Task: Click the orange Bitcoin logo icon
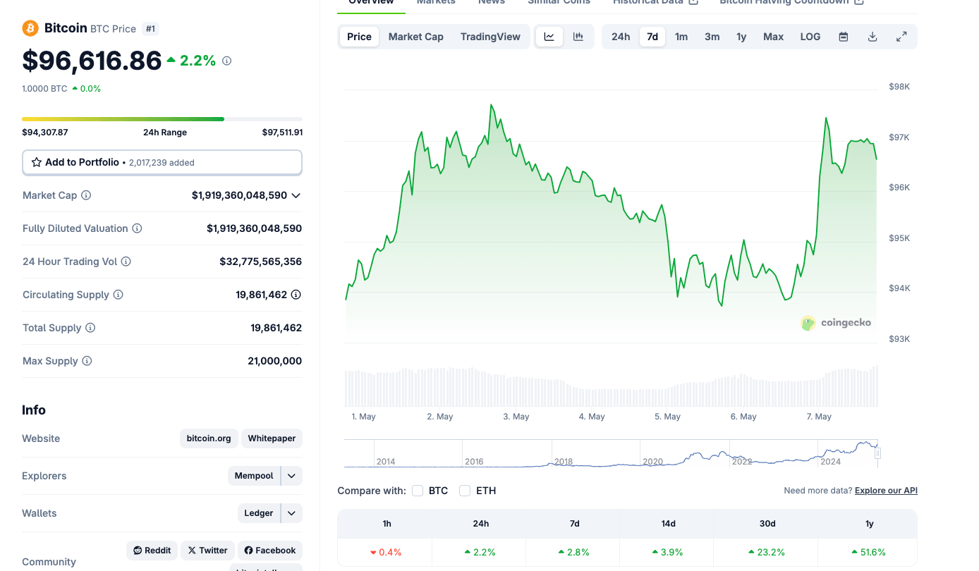click(x=30, y=28)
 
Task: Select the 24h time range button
click(x=621, y=37)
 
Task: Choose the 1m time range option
click(x=681, y=37)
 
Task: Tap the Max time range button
click(x=773, y=37)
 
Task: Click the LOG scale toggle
click(x=810, y=37)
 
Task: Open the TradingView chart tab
click(x=490, y=37)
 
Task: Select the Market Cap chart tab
click(x=415, y=37)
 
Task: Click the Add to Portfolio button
click(x=162, y=162)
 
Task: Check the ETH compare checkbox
click(x=465, y=491)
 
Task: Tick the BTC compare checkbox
click(x=418, y=491)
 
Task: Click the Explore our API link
click(x=886, y=491)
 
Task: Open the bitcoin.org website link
click(x=209, y=438)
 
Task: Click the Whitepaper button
click(x=272, y=438)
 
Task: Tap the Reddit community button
click(x=152, y=551)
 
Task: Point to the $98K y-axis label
click(x=899, y=87)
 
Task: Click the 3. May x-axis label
click(x=516, y=417)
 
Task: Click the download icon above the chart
click(x=872, y=37)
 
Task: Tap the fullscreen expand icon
click(x=901, y=37)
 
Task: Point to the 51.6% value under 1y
click(x=869, y=552)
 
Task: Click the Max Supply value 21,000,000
click(x=274, y=361)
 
